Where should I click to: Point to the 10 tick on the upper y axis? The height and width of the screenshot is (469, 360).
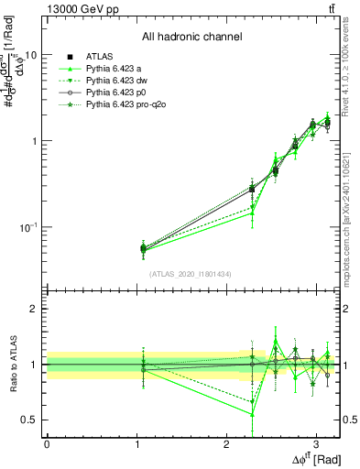pyautogui.click(x=30, y=55)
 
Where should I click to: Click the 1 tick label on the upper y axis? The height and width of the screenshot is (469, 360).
pyautogui.click(x=35, y=141)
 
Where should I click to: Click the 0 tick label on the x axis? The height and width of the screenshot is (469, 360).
pyautogui.click(x=47, y=442)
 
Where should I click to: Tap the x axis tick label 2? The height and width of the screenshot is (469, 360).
pyautogui.click(x=226, y=442)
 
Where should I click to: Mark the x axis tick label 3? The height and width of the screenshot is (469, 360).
pyautogui.click(x=316, y=442)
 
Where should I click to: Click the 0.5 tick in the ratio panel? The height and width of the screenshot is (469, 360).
pyautogui.click(x=31, y=420)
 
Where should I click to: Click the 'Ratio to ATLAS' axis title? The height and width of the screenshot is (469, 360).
pyautogui.click(x=14, y=365)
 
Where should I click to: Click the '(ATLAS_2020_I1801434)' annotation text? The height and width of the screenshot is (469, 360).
pyautogui.click(x=191, y=274)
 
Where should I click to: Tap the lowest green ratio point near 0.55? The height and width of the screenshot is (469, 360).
pyautogui.click(x=252, y=415)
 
